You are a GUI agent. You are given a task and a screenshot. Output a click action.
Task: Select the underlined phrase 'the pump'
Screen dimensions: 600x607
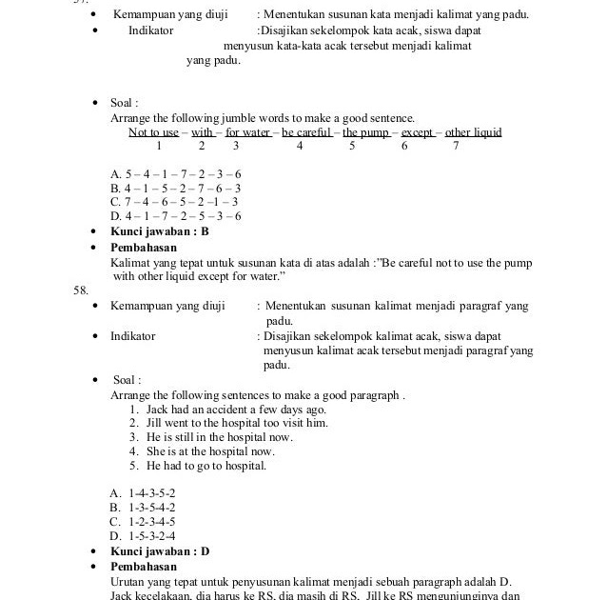pos(365,132)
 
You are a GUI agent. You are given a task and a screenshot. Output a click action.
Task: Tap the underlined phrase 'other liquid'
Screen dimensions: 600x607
pos(473,132)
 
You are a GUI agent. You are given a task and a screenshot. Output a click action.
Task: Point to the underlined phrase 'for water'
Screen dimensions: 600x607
pos(247,132)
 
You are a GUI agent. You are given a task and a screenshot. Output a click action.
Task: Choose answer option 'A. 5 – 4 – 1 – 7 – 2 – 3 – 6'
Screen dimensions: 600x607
pos(176,174)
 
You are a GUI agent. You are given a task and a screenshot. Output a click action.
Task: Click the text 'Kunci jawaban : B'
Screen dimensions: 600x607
pos(160,231)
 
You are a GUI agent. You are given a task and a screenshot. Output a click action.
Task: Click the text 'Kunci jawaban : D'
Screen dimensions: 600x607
pos(160,551)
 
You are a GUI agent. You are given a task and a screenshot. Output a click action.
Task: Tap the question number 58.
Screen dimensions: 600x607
pos(82,290)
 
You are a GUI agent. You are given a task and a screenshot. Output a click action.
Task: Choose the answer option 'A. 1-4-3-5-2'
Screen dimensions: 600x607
pos(143,493)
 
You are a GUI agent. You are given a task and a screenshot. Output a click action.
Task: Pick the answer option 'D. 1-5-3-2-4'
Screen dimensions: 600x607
pos(143,535)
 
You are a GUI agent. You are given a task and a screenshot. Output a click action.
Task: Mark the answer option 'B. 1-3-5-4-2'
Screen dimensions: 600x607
pos(143,508)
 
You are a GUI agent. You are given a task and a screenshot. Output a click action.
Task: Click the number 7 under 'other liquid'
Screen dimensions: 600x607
pos(456,147)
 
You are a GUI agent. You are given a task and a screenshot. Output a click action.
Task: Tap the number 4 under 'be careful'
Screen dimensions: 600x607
pos(300,147)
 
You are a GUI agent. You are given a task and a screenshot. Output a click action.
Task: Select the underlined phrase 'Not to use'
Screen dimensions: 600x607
pos(154,132)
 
